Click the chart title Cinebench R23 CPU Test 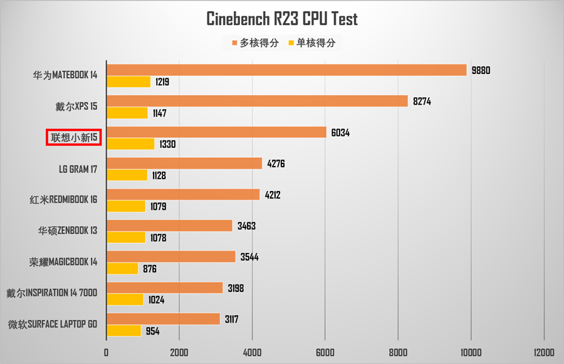click(x=282, y=19)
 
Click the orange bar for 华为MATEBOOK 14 click(x=286, y=70)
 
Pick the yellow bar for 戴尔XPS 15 click(x=127, y=113)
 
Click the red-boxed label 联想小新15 click(x=74, y=137)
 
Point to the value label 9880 click(x=481, y=70)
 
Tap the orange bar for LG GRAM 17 click(x=184, y=164)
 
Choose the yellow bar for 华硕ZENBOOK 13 click(x=126, y=237)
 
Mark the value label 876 click(x=149, y=269)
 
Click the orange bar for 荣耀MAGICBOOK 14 click(x=171, y=257)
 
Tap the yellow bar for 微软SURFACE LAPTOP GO click(x=123, y=331)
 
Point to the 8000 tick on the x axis click(x=398, y=351)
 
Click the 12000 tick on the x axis click(x=543, y=351)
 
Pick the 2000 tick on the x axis click(x=179, y=351)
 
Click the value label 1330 click(x=167, y=144)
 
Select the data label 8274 click(x=422, y=101)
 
